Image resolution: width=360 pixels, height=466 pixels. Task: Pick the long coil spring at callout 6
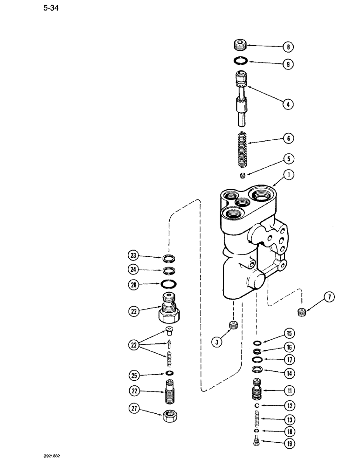pyautogui.click(x=242, y=149)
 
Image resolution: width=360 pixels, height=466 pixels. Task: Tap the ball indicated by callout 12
pyautogui.click(x=256, y=406)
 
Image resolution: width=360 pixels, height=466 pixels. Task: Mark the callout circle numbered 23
pyautogui.click(x=133, y=255)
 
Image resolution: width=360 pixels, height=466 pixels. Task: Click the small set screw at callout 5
pyautogui.click(x=242, y=175)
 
